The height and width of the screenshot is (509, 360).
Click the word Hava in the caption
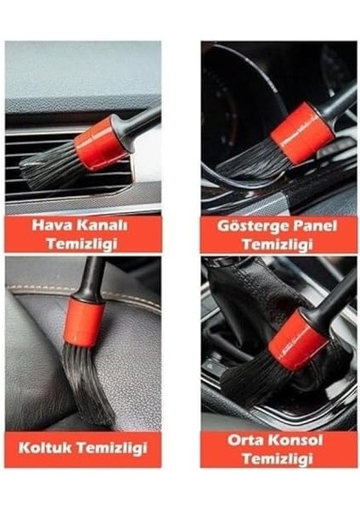[52, 226]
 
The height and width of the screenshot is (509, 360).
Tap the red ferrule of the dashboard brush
[301, 132]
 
